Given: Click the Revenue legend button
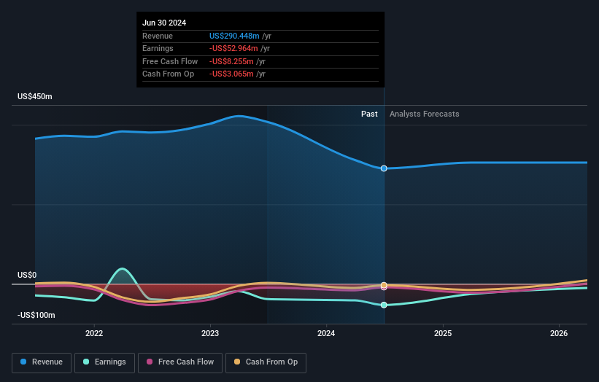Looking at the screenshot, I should coord(42,362).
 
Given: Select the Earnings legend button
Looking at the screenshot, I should coord(104,362).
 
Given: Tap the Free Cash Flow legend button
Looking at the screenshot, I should coord(179,362).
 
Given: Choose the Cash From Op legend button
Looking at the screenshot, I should coord(264,362).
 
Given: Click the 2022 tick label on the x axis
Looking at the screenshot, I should coord(94,333).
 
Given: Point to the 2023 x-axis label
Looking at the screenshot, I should coord(210,333).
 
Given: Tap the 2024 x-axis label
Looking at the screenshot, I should coord(326,333).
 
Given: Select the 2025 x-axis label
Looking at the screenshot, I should coord(443,333).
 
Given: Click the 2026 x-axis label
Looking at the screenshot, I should coord(559,333).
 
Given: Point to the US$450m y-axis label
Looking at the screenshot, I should coord(36,96).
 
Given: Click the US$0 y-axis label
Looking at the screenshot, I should coord(27,275).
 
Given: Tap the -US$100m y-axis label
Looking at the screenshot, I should coord(37,315).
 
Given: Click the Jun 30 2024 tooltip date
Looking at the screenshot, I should coord(164,23).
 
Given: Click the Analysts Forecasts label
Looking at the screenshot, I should coord(425,114).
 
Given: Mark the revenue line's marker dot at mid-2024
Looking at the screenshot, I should coord(384,168).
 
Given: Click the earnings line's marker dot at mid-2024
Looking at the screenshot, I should coord(384,305).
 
